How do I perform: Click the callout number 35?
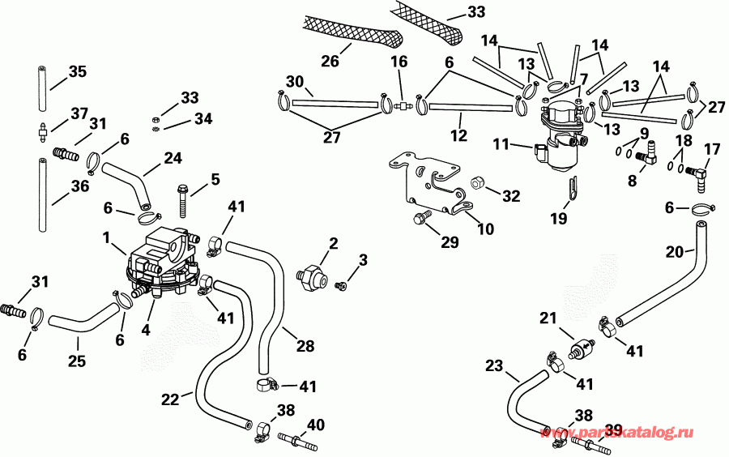tap(77, 72)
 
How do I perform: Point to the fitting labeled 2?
tap(311, 275)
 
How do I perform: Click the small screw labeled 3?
tap(342, 284)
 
